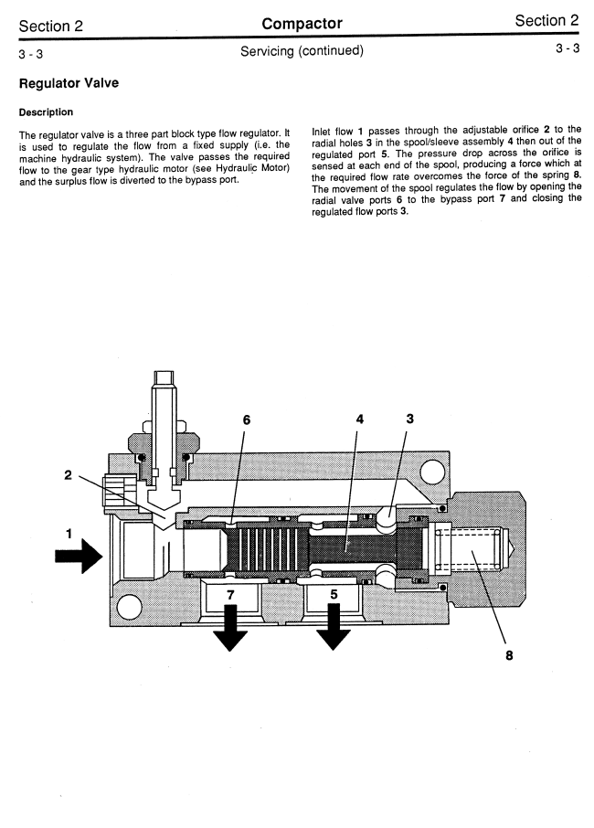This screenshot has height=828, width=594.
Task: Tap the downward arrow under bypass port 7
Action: [x=229, y=627]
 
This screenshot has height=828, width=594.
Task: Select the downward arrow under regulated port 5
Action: [x=333, y=627]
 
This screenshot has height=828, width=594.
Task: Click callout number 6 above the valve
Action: [x=247, y=419]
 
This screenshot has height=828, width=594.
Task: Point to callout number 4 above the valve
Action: [x=359, y=419]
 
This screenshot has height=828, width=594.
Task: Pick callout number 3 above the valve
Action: [x=409, y=419]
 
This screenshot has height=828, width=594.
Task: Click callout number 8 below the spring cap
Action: [x=509, y=655]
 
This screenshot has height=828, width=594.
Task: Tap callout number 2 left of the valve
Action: [x=68, y=474]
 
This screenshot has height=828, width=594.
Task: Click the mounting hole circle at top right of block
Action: [x=432, y=470]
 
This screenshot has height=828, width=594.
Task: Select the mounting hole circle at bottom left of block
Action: [x=128, y=607]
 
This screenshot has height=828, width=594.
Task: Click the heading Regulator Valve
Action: [x=69, y=83]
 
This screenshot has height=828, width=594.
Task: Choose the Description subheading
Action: [x=46, y=111]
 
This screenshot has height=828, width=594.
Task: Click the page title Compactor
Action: [x=302, y=23]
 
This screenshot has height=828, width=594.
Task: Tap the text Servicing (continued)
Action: [x=302, y=50]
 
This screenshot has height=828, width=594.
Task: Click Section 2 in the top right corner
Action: [x=547, y=21]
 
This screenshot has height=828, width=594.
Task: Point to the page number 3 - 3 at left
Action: [x=31, y=54]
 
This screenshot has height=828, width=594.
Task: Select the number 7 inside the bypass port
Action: [x=230, y=595]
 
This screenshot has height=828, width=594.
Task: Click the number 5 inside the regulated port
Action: [x=334, y=594]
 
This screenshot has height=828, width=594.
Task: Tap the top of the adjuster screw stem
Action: [x=164, y=372]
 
